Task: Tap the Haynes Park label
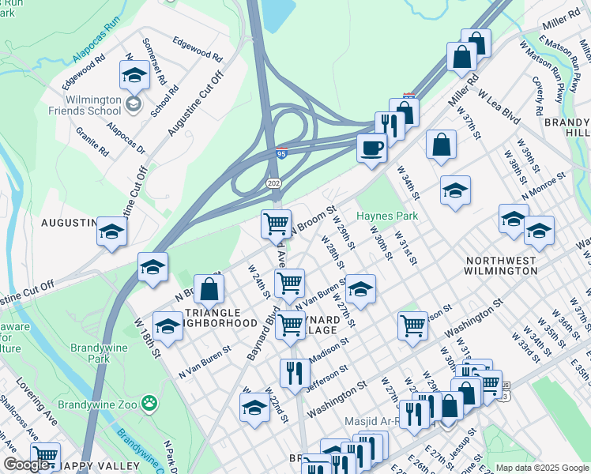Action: coord(386,216)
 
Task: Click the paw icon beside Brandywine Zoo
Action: coord(149,403)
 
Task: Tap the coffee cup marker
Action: coord(371,148)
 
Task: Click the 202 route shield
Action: coord(274,183)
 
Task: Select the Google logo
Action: coord(26,465)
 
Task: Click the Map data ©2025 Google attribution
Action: coord(542,468)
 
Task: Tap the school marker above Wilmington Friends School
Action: coord(134,76)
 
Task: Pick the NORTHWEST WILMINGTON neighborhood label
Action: coord(502,265)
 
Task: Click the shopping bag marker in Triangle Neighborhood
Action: coord(209,289)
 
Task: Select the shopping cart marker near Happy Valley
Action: coord(46,456)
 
